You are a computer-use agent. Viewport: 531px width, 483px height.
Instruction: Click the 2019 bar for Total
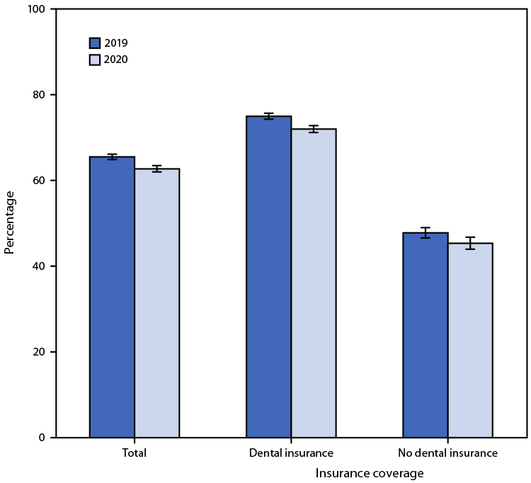point(112,297)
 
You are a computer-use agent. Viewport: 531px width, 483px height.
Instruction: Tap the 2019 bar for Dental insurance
point(269,277)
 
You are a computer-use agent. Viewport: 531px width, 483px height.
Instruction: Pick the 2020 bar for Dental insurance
point(314,283)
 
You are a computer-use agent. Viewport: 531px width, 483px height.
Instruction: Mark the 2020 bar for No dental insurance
point(470,341)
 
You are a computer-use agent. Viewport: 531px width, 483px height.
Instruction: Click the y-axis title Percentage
point(10,222)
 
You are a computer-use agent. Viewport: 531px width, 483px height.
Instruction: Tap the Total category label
point(134,453)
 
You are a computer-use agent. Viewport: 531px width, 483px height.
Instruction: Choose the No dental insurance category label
point(447,453)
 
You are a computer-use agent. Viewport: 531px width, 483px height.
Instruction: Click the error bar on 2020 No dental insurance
point(470,243)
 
